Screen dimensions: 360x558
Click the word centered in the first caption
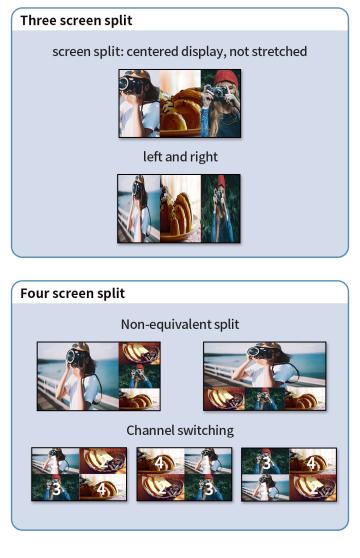click(152, 51)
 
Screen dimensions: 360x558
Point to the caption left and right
click(180, 157)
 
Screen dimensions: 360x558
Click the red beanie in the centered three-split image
click(227, 77)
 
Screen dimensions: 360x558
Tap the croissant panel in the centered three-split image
click(180, 103)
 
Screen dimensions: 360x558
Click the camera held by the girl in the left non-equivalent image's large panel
click(74, 356)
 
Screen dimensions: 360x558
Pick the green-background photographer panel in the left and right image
click(220, 209)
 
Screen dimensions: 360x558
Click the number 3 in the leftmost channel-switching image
click(57, 489)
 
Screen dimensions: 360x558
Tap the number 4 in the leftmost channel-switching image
click(101, 489)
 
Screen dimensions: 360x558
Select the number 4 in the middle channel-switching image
click(159, 463)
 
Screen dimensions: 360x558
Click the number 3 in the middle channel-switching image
click(209, 489)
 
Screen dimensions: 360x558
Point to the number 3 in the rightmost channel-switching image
click(266, 463)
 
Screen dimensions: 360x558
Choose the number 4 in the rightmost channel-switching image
click(311, 463)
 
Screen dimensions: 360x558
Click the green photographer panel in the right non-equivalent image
click(265, 399)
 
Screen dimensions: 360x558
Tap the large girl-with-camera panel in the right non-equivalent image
click(265, 365)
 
